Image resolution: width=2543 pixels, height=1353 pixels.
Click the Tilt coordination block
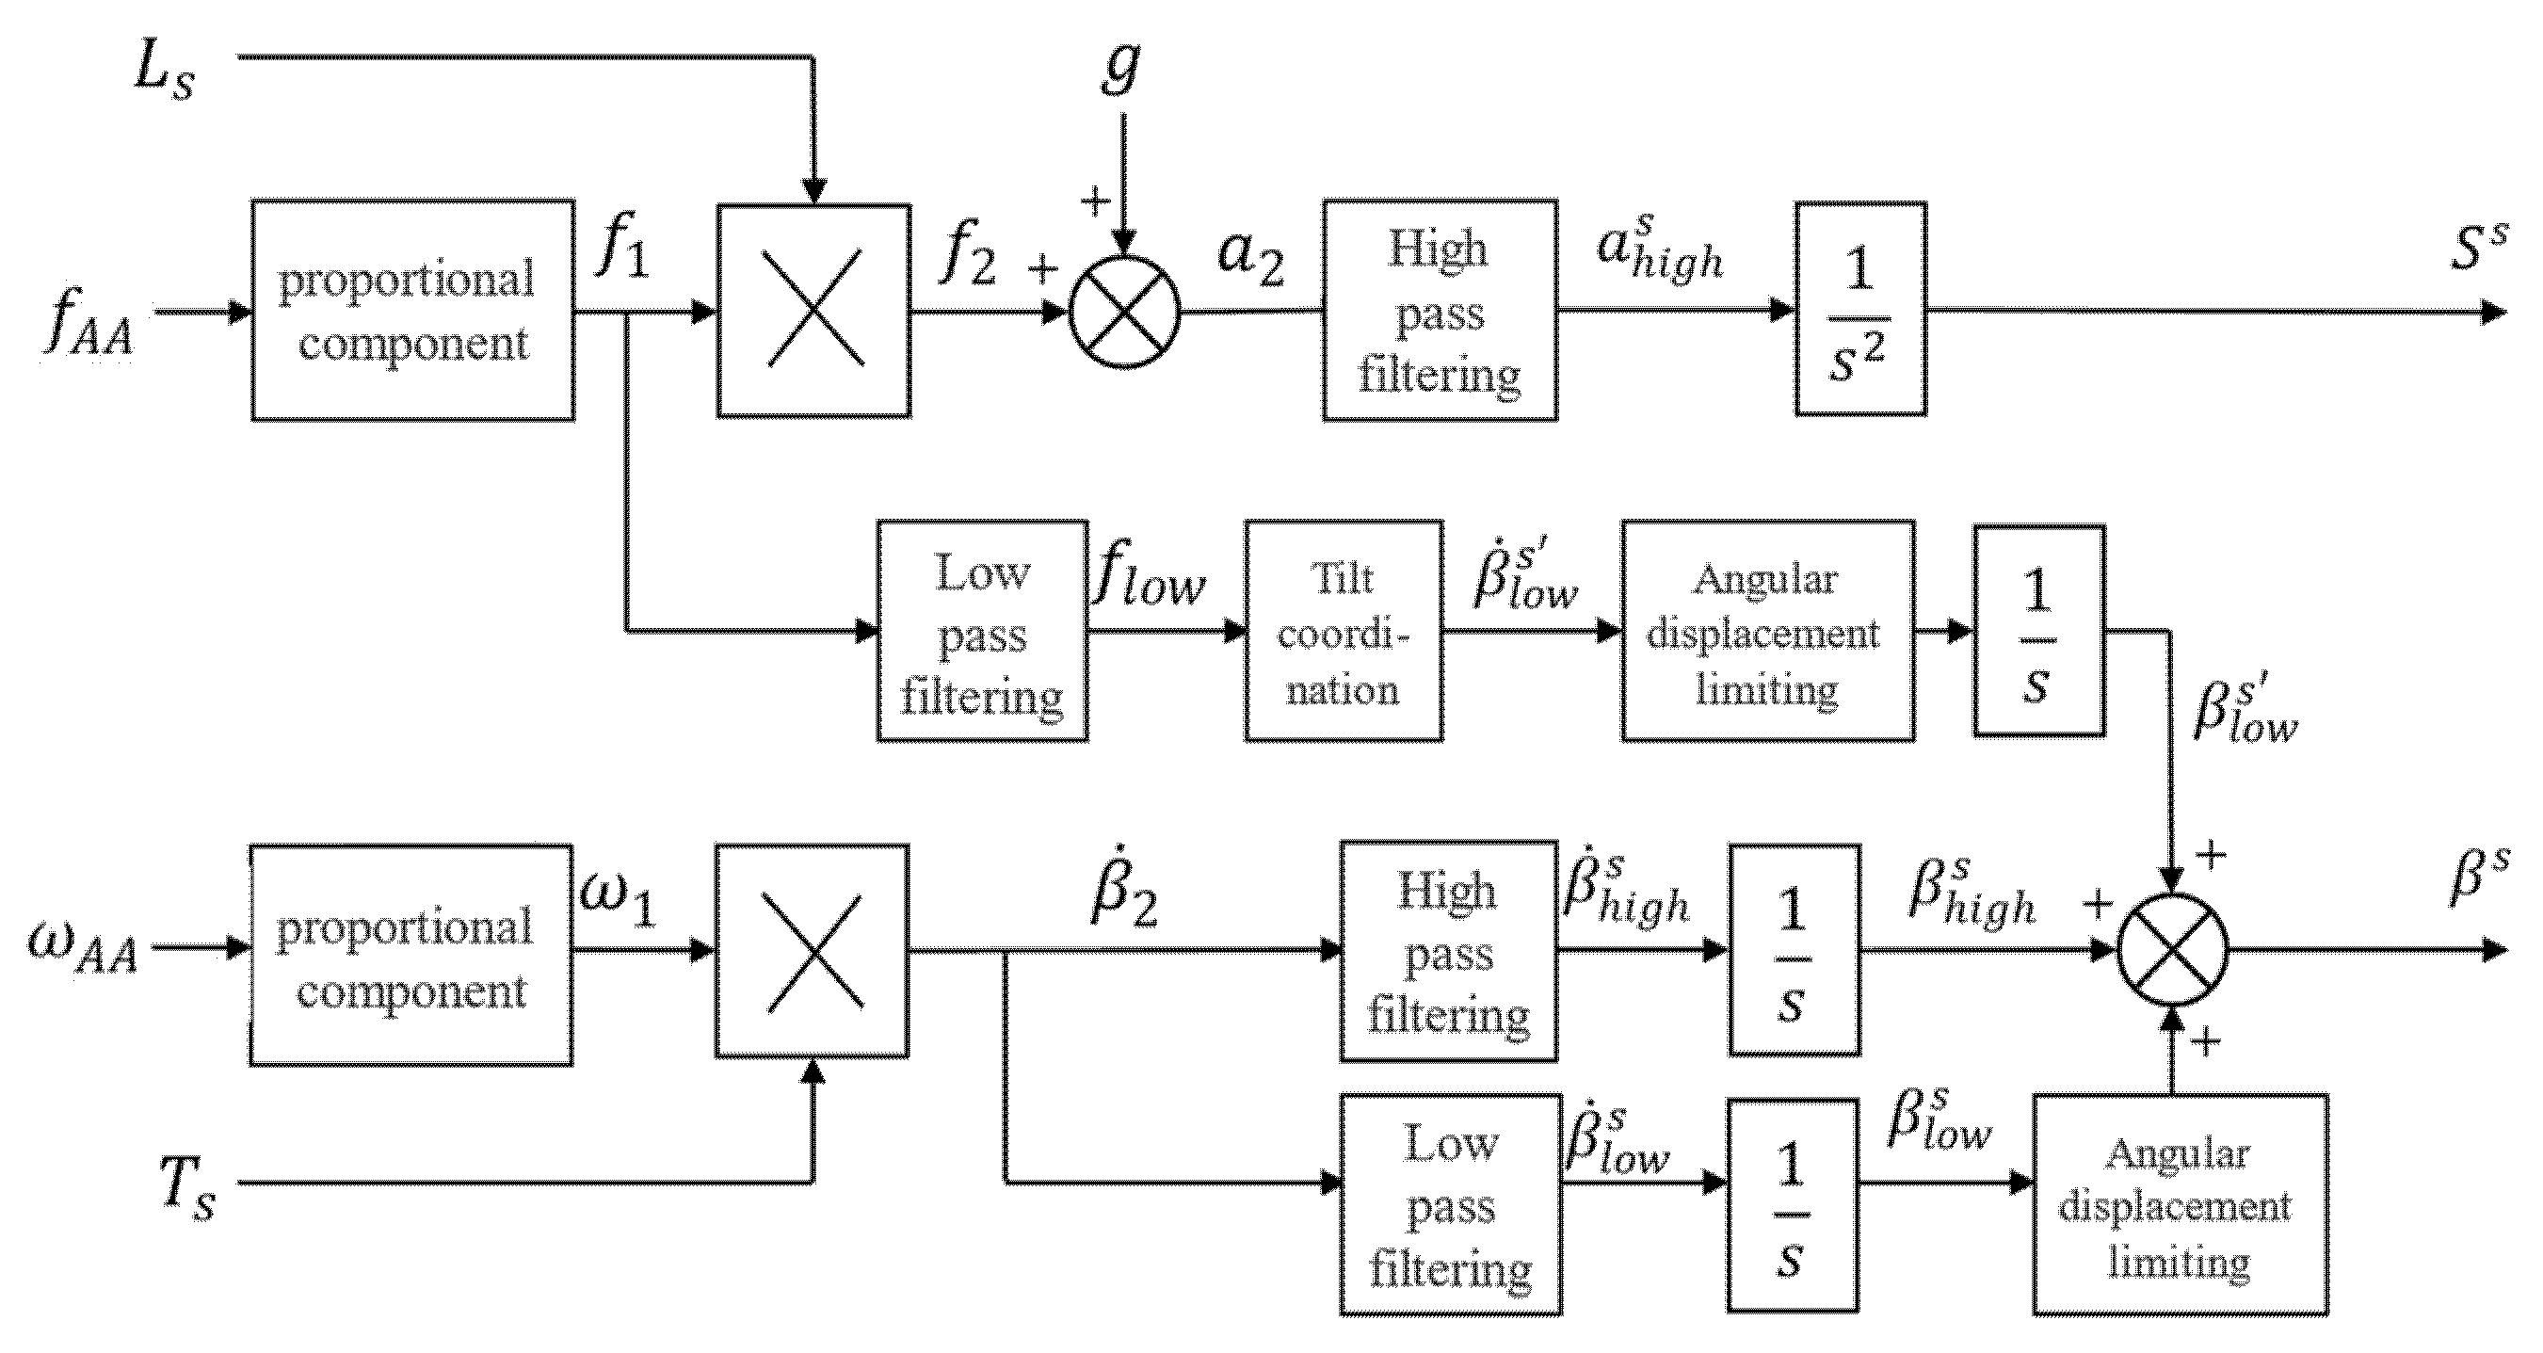tap(1343, 631)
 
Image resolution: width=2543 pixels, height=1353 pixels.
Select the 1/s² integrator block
tap(1859, 310)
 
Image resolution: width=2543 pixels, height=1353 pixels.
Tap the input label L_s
tap(164, 72)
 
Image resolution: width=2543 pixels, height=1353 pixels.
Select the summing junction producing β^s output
tap(2173, 950)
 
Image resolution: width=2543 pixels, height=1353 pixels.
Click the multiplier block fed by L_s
tap(813, 311)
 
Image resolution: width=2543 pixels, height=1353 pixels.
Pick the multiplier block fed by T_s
tap(812, 950)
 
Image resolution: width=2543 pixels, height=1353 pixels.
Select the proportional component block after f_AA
tap(412, 310)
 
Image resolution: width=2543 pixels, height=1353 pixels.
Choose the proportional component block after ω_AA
tap(410, 954)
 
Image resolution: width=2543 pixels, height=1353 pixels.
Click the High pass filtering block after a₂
tap(1440, 310)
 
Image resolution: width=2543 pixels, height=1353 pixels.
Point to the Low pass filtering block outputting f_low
tap(982, 631)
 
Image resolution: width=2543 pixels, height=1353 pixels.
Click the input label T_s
tap(187, 1189)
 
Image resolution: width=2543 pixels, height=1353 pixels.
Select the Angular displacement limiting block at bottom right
tap(2180, 1205)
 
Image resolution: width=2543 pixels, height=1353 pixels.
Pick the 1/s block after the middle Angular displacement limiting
tap(2038, 631)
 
